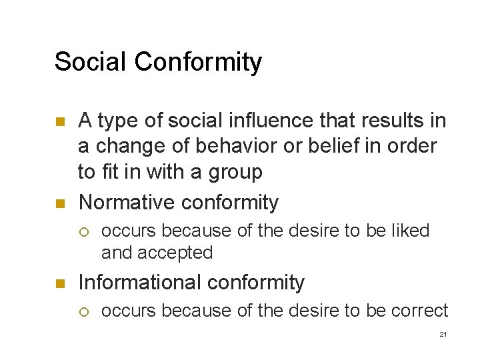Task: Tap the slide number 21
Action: [x=443, y=334]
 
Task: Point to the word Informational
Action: [x=137, y=282]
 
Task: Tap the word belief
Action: [x=284, y=146]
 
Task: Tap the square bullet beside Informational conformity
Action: [x=60, y=283]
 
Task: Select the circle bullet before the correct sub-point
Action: [x=84, y=311]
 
